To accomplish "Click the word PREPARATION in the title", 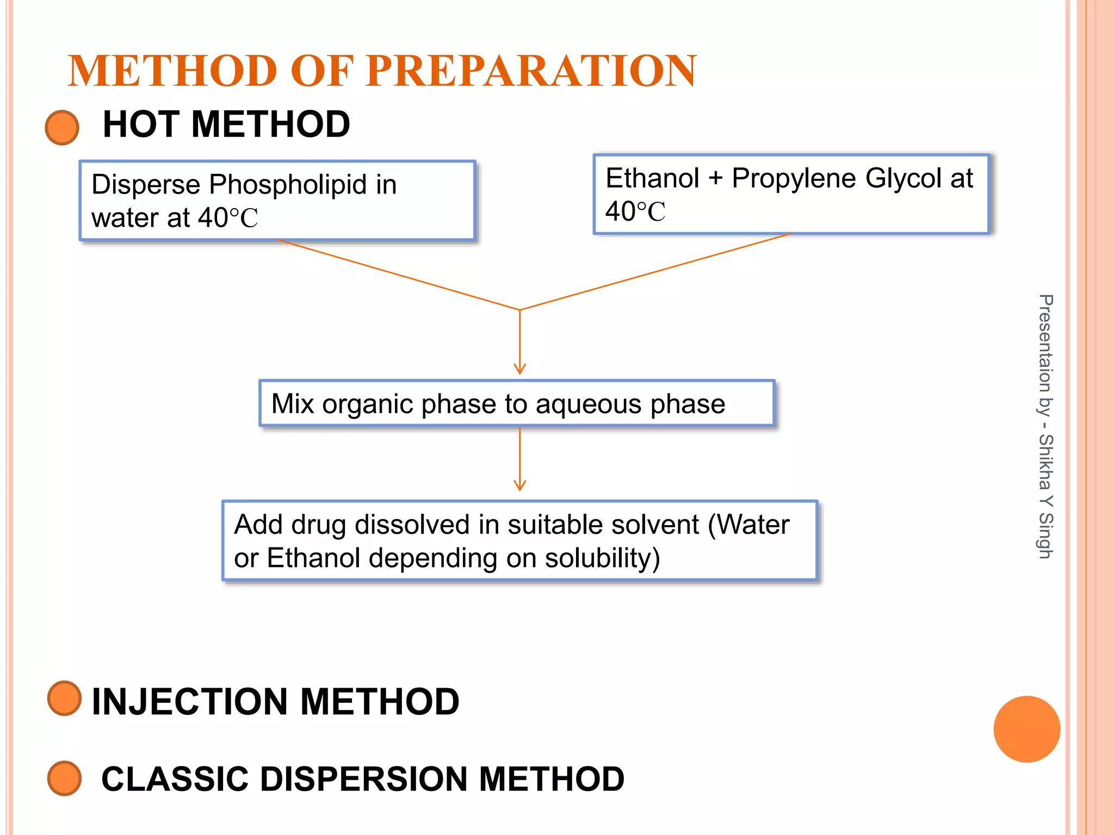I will click(x=531, y=71).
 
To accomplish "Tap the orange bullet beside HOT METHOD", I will click(x=62, y=127).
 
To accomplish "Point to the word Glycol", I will click(x=903, y=178).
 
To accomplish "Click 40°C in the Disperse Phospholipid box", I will click(x=227, y=218).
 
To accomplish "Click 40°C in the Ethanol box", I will click(x=635, y=211).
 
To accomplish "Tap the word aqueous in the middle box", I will click(x=589, y=404).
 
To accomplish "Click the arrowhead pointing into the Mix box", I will click(x=519, y=370).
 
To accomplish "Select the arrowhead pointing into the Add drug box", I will click(x=519, y=485).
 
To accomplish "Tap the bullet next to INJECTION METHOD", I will click(x=64, y=698).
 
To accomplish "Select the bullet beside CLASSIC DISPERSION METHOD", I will click(x=64, y=778).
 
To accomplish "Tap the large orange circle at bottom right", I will click(x=1026, y=729).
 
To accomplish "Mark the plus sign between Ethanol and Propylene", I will click(x=715, y=179).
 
